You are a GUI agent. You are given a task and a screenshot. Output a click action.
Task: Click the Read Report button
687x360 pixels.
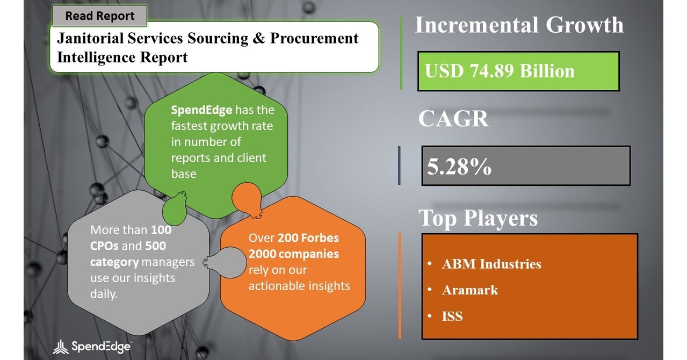tap(99, 16)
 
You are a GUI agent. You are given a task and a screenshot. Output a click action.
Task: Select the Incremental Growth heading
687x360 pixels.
tap(519, 25)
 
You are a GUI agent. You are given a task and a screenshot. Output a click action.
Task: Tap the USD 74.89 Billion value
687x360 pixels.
tap(500, 71)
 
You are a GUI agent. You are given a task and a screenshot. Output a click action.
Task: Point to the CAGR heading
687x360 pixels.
tap(453, 119)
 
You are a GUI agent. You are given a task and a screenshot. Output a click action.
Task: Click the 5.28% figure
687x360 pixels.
tap(459, 167)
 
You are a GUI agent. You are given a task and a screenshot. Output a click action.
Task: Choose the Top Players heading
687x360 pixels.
tap(478, 218)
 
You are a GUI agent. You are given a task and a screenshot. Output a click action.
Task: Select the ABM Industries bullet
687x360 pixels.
tap(491, 264)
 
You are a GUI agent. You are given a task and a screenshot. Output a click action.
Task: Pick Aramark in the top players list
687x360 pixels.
tap(470, 290)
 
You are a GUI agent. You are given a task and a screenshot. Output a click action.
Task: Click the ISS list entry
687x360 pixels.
tap(452, 316)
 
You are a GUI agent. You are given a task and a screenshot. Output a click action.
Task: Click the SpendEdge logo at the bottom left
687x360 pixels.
tap(92, 347)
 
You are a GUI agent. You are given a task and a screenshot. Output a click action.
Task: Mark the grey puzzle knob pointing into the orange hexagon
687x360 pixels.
tap(218, 262)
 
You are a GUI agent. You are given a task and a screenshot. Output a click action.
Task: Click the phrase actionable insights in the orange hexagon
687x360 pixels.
tap(299, 285)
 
